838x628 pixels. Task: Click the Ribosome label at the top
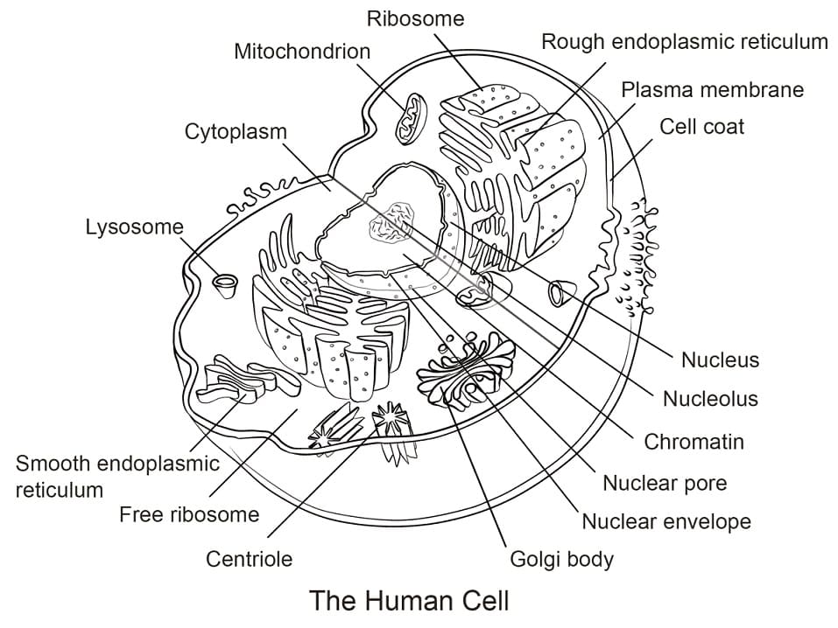tap(415, 18)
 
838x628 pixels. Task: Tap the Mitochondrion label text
tap(302, 52)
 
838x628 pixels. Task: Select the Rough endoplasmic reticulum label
tap(684, 41)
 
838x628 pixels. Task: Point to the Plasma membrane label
tap(712, 89)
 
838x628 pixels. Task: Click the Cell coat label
tap(701, 126)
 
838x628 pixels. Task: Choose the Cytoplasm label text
tap(236, 132)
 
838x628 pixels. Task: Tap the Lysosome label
tap(134, 227)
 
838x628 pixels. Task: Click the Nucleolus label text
tap(709, 399)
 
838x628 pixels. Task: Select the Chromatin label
tap(694, 442)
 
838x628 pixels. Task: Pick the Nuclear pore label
tap(665, 483)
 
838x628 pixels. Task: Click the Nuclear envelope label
tap(666, 522)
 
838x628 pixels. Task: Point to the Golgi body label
tap(561, 559)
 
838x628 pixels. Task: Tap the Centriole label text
tap(249, 558)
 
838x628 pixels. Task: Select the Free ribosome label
tap(189, 514)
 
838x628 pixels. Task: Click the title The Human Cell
tap(410, 602)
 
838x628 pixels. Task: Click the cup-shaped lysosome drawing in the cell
tap(226, 283)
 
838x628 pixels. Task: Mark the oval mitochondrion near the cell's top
tap(409, 120)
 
